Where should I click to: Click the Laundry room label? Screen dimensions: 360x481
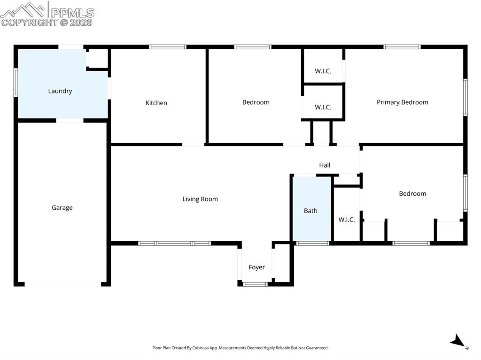point(60,91)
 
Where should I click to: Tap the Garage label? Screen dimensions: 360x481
point(62,207)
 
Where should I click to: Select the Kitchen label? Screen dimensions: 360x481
point(156,103)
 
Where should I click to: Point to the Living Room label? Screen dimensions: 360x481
point(200,199)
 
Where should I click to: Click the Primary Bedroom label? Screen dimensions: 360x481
point(403,102)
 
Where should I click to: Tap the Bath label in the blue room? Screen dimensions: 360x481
point(310,211)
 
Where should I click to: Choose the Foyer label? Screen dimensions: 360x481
point(256,268)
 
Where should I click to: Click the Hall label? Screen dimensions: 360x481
point(325,165)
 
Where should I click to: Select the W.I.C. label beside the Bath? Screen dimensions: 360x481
point(347,220)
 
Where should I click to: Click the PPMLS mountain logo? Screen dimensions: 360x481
point(23,9)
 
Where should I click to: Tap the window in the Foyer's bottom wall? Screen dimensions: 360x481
point(255,284)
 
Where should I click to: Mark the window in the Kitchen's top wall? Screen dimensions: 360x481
point(168,47)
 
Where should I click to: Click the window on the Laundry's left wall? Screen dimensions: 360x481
point(16,83)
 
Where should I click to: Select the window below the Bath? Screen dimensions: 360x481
point(312,243)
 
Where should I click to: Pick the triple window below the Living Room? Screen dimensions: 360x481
point(174,243)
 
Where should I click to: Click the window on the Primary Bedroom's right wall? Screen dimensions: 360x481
point(465,97)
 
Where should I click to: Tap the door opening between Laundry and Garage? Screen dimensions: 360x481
point(70,121)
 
